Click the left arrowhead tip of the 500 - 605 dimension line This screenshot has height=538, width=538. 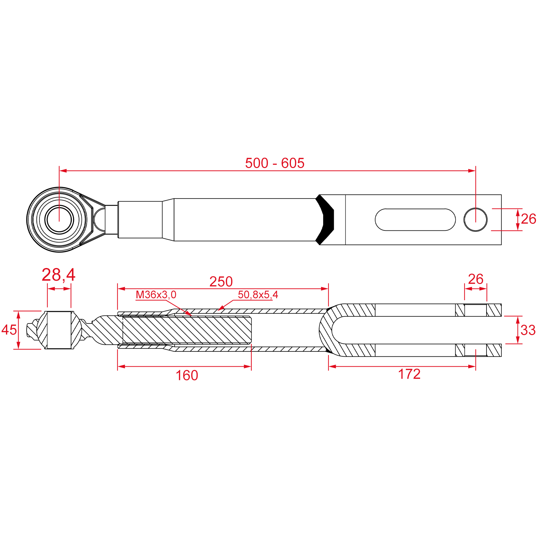[60, 171]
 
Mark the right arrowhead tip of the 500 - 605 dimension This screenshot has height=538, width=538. [475, 171]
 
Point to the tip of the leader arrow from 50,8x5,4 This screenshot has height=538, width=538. [218, 311]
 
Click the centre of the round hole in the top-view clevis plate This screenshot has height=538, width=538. [476, 220]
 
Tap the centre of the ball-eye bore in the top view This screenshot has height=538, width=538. [59, 220]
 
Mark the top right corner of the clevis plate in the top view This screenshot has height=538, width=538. [501, 195]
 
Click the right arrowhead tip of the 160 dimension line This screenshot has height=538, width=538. [251, 367]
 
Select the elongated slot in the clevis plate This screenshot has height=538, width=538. [415, 220]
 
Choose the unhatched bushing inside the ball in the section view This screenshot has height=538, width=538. [59, 330]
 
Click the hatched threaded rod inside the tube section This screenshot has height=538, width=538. [187, 330]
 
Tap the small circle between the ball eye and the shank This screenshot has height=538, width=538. [99, 220]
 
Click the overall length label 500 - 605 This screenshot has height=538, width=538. [275, 163]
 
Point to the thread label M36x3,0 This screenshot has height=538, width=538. [156, 295]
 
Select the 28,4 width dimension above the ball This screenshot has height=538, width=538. [59, 275]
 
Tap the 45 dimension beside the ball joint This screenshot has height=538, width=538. [9, 330]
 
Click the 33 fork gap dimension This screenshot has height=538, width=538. [528, 330]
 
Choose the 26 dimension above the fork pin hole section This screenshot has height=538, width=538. [476, 279]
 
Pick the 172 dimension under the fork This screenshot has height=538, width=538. [409, 374]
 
